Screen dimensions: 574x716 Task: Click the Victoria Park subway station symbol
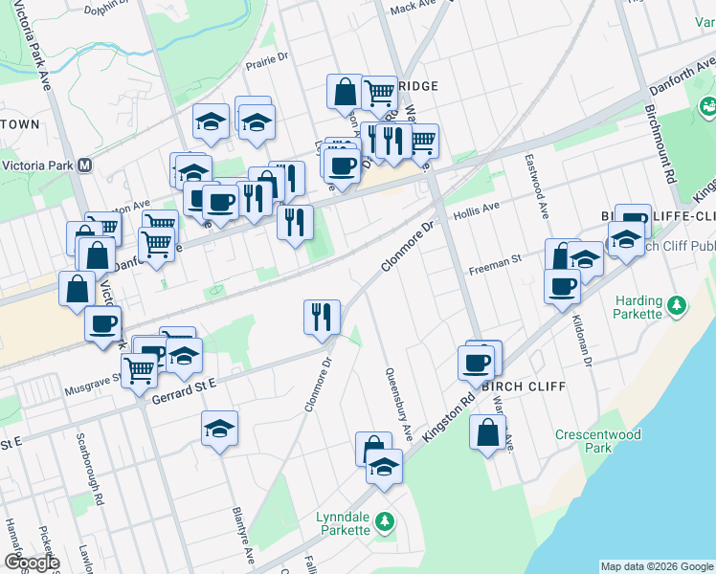pos(85,165)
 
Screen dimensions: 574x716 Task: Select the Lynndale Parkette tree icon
pos(384,521)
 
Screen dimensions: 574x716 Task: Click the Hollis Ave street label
pos(477,209)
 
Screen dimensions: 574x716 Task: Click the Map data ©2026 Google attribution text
pos(657,566)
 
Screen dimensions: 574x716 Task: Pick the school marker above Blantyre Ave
pos(220,429)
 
